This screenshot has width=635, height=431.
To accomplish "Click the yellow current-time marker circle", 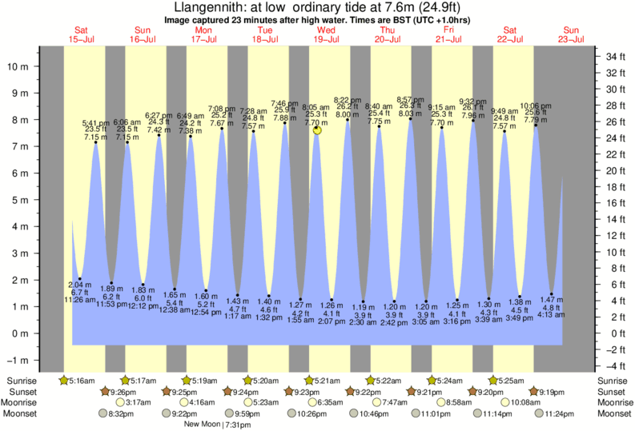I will pyautogui.click(x=318, y=130).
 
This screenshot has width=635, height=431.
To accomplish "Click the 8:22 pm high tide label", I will pyautogui.click(x=347, y=99).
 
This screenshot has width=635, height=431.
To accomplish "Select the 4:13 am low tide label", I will pyautogui.click(x=550, y=314).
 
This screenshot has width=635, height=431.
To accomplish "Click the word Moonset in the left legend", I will pyautogui.click(x=23, y=414).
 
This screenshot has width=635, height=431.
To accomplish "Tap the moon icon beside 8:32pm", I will pyautogui.click(x=102, y=414).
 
